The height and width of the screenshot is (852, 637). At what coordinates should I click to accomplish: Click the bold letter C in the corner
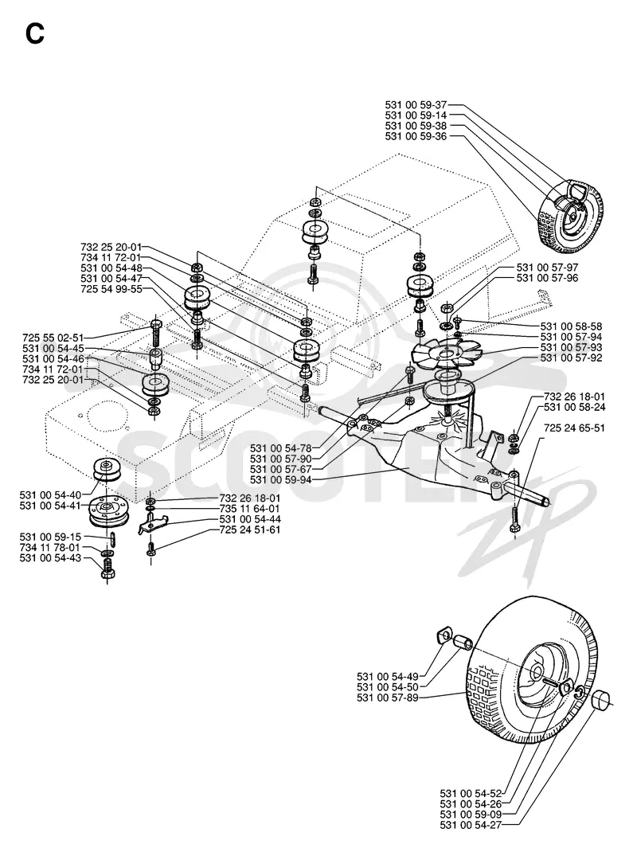tap(35, 34)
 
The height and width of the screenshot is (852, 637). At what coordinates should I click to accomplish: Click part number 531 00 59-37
tap(416, 105)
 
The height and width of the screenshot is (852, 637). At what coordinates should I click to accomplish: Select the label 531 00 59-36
tap(416, 136)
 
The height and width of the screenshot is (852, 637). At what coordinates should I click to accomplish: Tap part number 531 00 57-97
tap(547, 268)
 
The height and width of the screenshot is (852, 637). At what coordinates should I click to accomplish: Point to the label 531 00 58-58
tap(571, 326)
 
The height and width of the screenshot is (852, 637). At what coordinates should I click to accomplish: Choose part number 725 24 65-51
tap(575, 428)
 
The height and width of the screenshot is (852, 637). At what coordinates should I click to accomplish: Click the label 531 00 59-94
tap(281, 480)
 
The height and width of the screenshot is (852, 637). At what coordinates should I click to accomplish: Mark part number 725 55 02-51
tap(53, 338)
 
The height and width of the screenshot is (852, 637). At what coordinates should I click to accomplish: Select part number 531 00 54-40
tap(50, 495)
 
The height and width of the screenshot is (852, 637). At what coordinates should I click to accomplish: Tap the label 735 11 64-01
tap(250, 509)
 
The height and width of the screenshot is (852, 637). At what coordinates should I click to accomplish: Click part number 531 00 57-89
tap(388, 698)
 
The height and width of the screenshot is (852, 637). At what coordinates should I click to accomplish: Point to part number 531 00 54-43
tap(50, 558)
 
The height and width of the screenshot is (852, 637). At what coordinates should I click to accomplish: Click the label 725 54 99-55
tap(111, 289)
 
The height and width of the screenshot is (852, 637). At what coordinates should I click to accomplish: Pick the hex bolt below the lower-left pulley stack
tap(107, 571)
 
